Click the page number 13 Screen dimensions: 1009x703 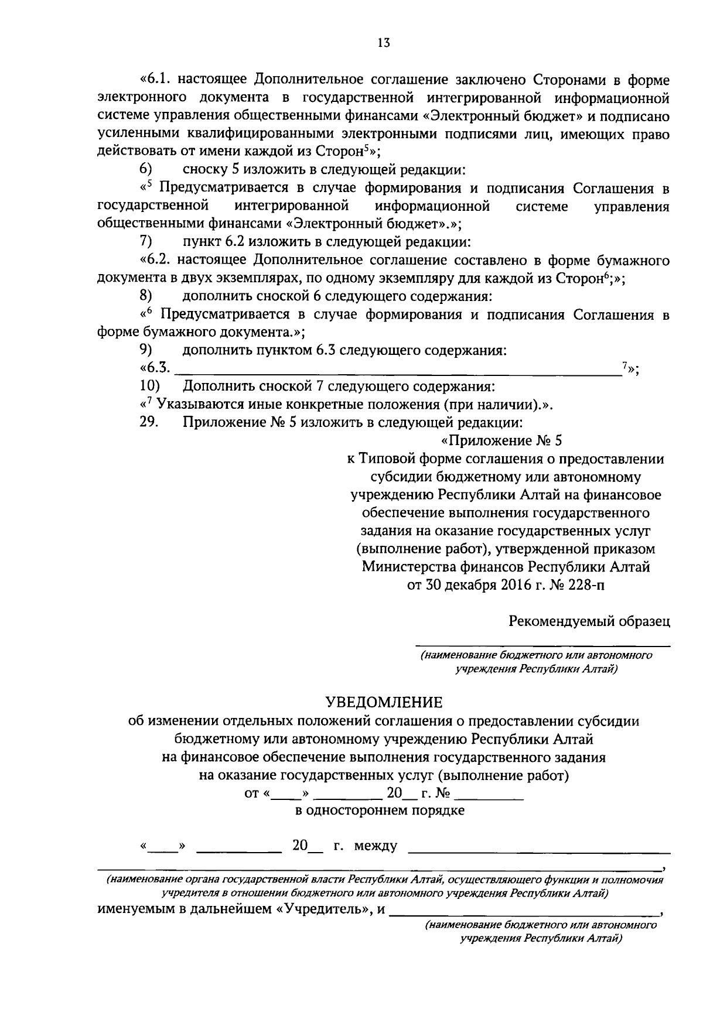[384, 43]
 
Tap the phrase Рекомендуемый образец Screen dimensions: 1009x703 [589, 621]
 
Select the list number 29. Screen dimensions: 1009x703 [149, 422]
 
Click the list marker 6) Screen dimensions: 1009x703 [146, 170]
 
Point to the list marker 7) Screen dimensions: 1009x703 [146, 241]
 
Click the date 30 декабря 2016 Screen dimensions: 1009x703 [476, 585]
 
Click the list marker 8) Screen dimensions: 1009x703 [146, 296]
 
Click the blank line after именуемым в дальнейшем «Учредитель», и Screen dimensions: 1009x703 [524, 911]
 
